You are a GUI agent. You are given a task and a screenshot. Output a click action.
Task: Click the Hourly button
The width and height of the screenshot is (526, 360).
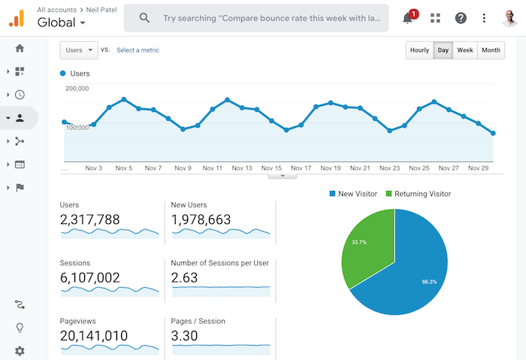pyautogui.click(x=419, y=50)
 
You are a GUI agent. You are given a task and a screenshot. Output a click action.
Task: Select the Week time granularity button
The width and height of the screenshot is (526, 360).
pyautogui.click(x=465, y=50)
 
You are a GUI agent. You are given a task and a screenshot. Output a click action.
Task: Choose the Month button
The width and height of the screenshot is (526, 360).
pyautogui.click(x=491, y=50)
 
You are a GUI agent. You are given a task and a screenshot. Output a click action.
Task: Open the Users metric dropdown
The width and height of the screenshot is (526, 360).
pyautogui.click(x=79, y=50)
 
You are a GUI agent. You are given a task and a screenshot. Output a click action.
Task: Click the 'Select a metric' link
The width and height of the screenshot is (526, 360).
pyautogui.click(x=138, y=50)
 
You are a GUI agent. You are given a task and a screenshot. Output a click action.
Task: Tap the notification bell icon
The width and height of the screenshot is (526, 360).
pyautogui.click(x=408, y=18)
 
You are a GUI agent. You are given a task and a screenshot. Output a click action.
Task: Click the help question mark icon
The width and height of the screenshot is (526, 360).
pyautogui.click(x=461, y=18)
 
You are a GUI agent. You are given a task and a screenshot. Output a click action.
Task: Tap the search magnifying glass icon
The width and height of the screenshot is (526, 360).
pyautogui.click(x=144, y=18)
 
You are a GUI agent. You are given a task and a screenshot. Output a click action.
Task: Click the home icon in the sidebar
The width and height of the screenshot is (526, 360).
pyautogui.click(x=20, y=48)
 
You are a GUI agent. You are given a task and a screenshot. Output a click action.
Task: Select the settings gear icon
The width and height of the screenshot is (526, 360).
pyautogui.click(x=20, y=351)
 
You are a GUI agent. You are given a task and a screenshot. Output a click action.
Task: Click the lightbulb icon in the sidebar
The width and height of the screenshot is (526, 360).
pyautogui.click(x=20, y=328)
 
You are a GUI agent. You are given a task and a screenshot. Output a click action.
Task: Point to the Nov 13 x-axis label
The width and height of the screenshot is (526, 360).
pyautogui.click(x=242, y=168)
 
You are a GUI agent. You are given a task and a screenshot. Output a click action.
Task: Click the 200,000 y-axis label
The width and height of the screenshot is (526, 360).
pyautogui.click(x=77, y=89)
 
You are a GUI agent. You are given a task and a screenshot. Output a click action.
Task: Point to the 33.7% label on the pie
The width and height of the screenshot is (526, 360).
pyautogui.click(x=359, y=242)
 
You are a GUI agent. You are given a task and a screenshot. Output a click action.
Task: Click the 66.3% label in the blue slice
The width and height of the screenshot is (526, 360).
pyautogui.click(x=429, y=282)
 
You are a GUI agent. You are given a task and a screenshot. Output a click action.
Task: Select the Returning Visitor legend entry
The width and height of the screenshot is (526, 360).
pyautogui.click(x=419, y=194)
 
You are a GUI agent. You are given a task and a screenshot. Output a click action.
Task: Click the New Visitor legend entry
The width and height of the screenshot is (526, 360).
pyautogui.click(x=354, y=194)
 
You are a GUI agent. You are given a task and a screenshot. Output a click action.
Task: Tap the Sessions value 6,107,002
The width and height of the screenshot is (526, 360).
pyautogui.click(x=90, y=278)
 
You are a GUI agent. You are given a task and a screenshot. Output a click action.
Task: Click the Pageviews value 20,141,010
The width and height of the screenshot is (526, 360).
pyautogui.click(x=94, y=336)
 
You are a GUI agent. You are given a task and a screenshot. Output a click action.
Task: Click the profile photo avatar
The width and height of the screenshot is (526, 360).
pyautogui.click(x=509, y=18)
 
